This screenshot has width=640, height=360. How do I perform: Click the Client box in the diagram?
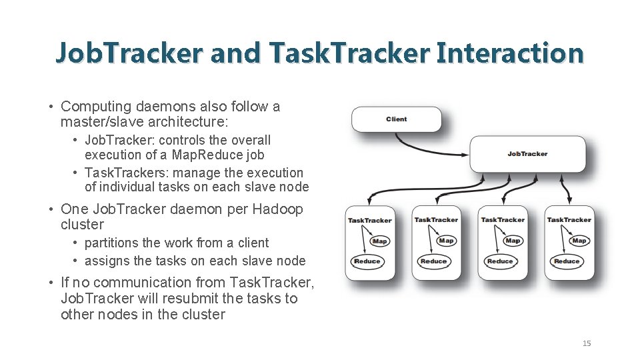397,119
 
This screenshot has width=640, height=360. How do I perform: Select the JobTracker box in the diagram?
527,154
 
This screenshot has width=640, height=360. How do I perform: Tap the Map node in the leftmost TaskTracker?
380,241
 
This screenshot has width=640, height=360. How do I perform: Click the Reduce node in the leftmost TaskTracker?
367,261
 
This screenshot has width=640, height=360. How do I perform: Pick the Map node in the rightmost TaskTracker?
579,241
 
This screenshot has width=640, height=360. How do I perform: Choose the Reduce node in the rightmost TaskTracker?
567,261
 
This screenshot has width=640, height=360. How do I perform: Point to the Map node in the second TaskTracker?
447,241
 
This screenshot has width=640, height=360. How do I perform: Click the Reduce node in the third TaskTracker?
500,261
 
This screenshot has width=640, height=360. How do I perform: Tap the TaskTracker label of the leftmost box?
370,220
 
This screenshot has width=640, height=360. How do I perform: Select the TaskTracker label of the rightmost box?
569,220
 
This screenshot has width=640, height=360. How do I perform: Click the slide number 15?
587,343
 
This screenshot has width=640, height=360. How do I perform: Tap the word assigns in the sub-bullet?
107,261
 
